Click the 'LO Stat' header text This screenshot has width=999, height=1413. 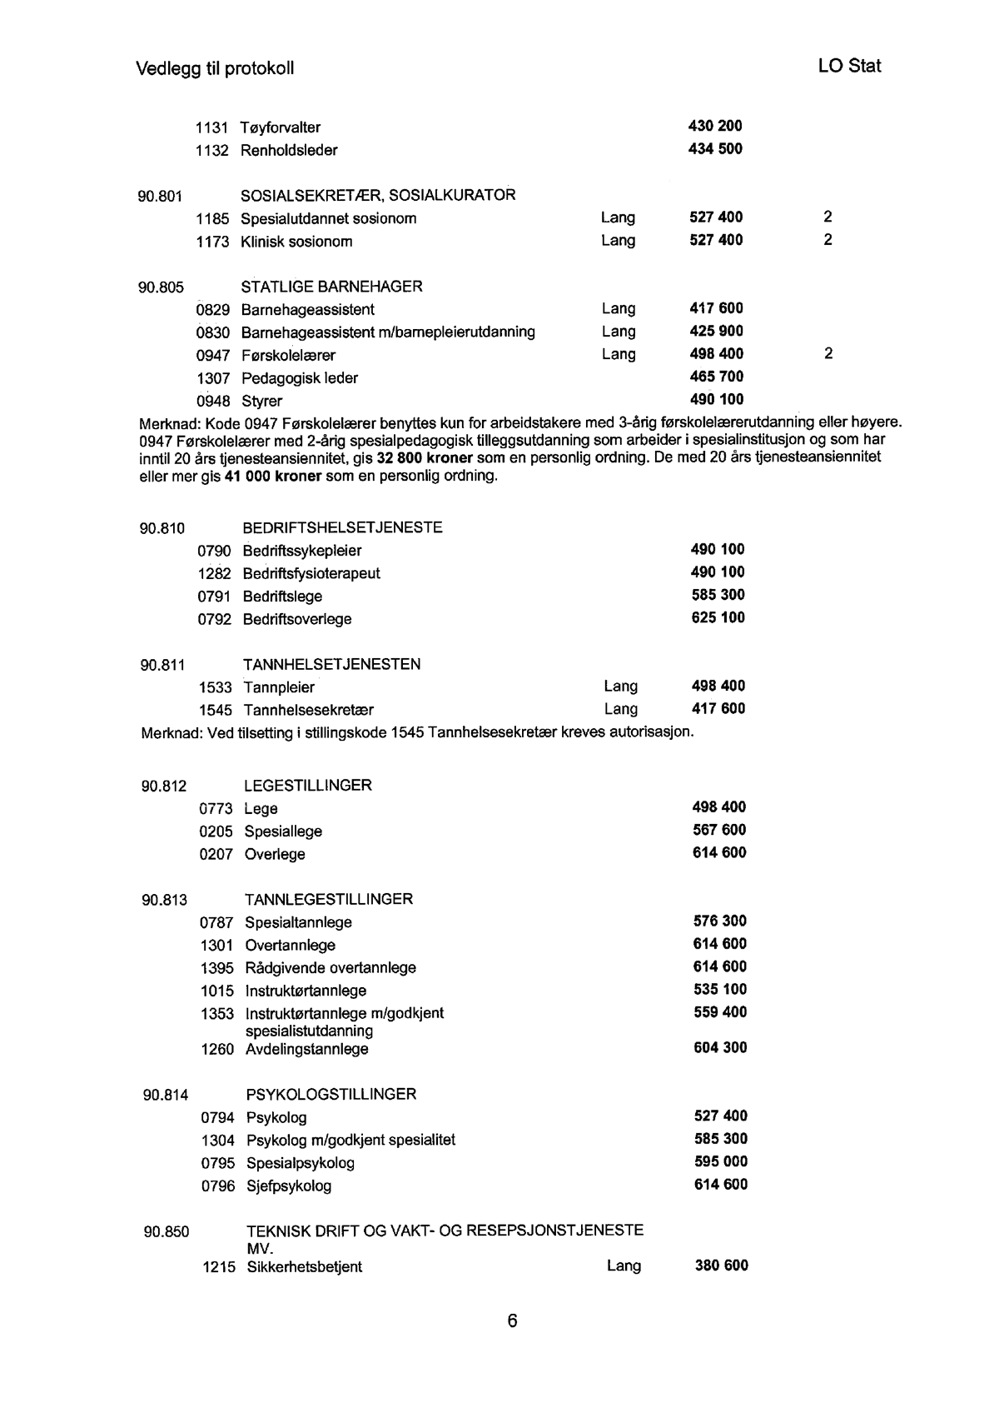point(849,67)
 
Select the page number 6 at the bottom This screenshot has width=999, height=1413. point(512,1321)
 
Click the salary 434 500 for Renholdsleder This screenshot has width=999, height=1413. point(715,149)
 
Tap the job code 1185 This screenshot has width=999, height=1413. point(212,219)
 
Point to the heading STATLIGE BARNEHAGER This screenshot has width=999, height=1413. point(331,287)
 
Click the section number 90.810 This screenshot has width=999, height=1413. point(162,528)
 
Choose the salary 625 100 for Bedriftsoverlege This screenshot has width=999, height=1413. point(718,618)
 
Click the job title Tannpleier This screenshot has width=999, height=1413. point(279,687)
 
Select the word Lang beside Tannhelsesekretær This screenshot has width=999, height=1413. point(621,709)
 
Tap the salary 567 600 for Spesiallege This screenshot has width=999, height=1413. point(719,831)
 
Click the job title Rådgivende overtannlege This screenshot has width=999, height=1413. point(331,968)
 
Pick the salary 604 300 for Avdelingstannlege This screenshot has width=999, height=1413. point(720,1048)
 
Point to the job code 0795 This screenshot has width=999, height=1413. point(218,1163)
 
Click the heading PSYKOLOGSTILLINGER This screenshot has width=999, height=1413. point(331,1095)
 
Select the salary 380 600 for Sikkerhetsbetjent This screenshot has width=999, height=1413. point(721,1266)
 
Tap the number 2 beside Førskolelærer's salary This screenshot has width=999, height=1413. point(828,354)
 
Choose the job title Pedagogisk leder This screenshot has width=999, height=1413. point(300,378)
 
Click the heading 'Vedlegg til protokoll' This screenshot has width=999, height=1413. point(215,68)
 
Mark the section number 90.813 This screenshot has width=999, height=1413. point(164,900)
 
